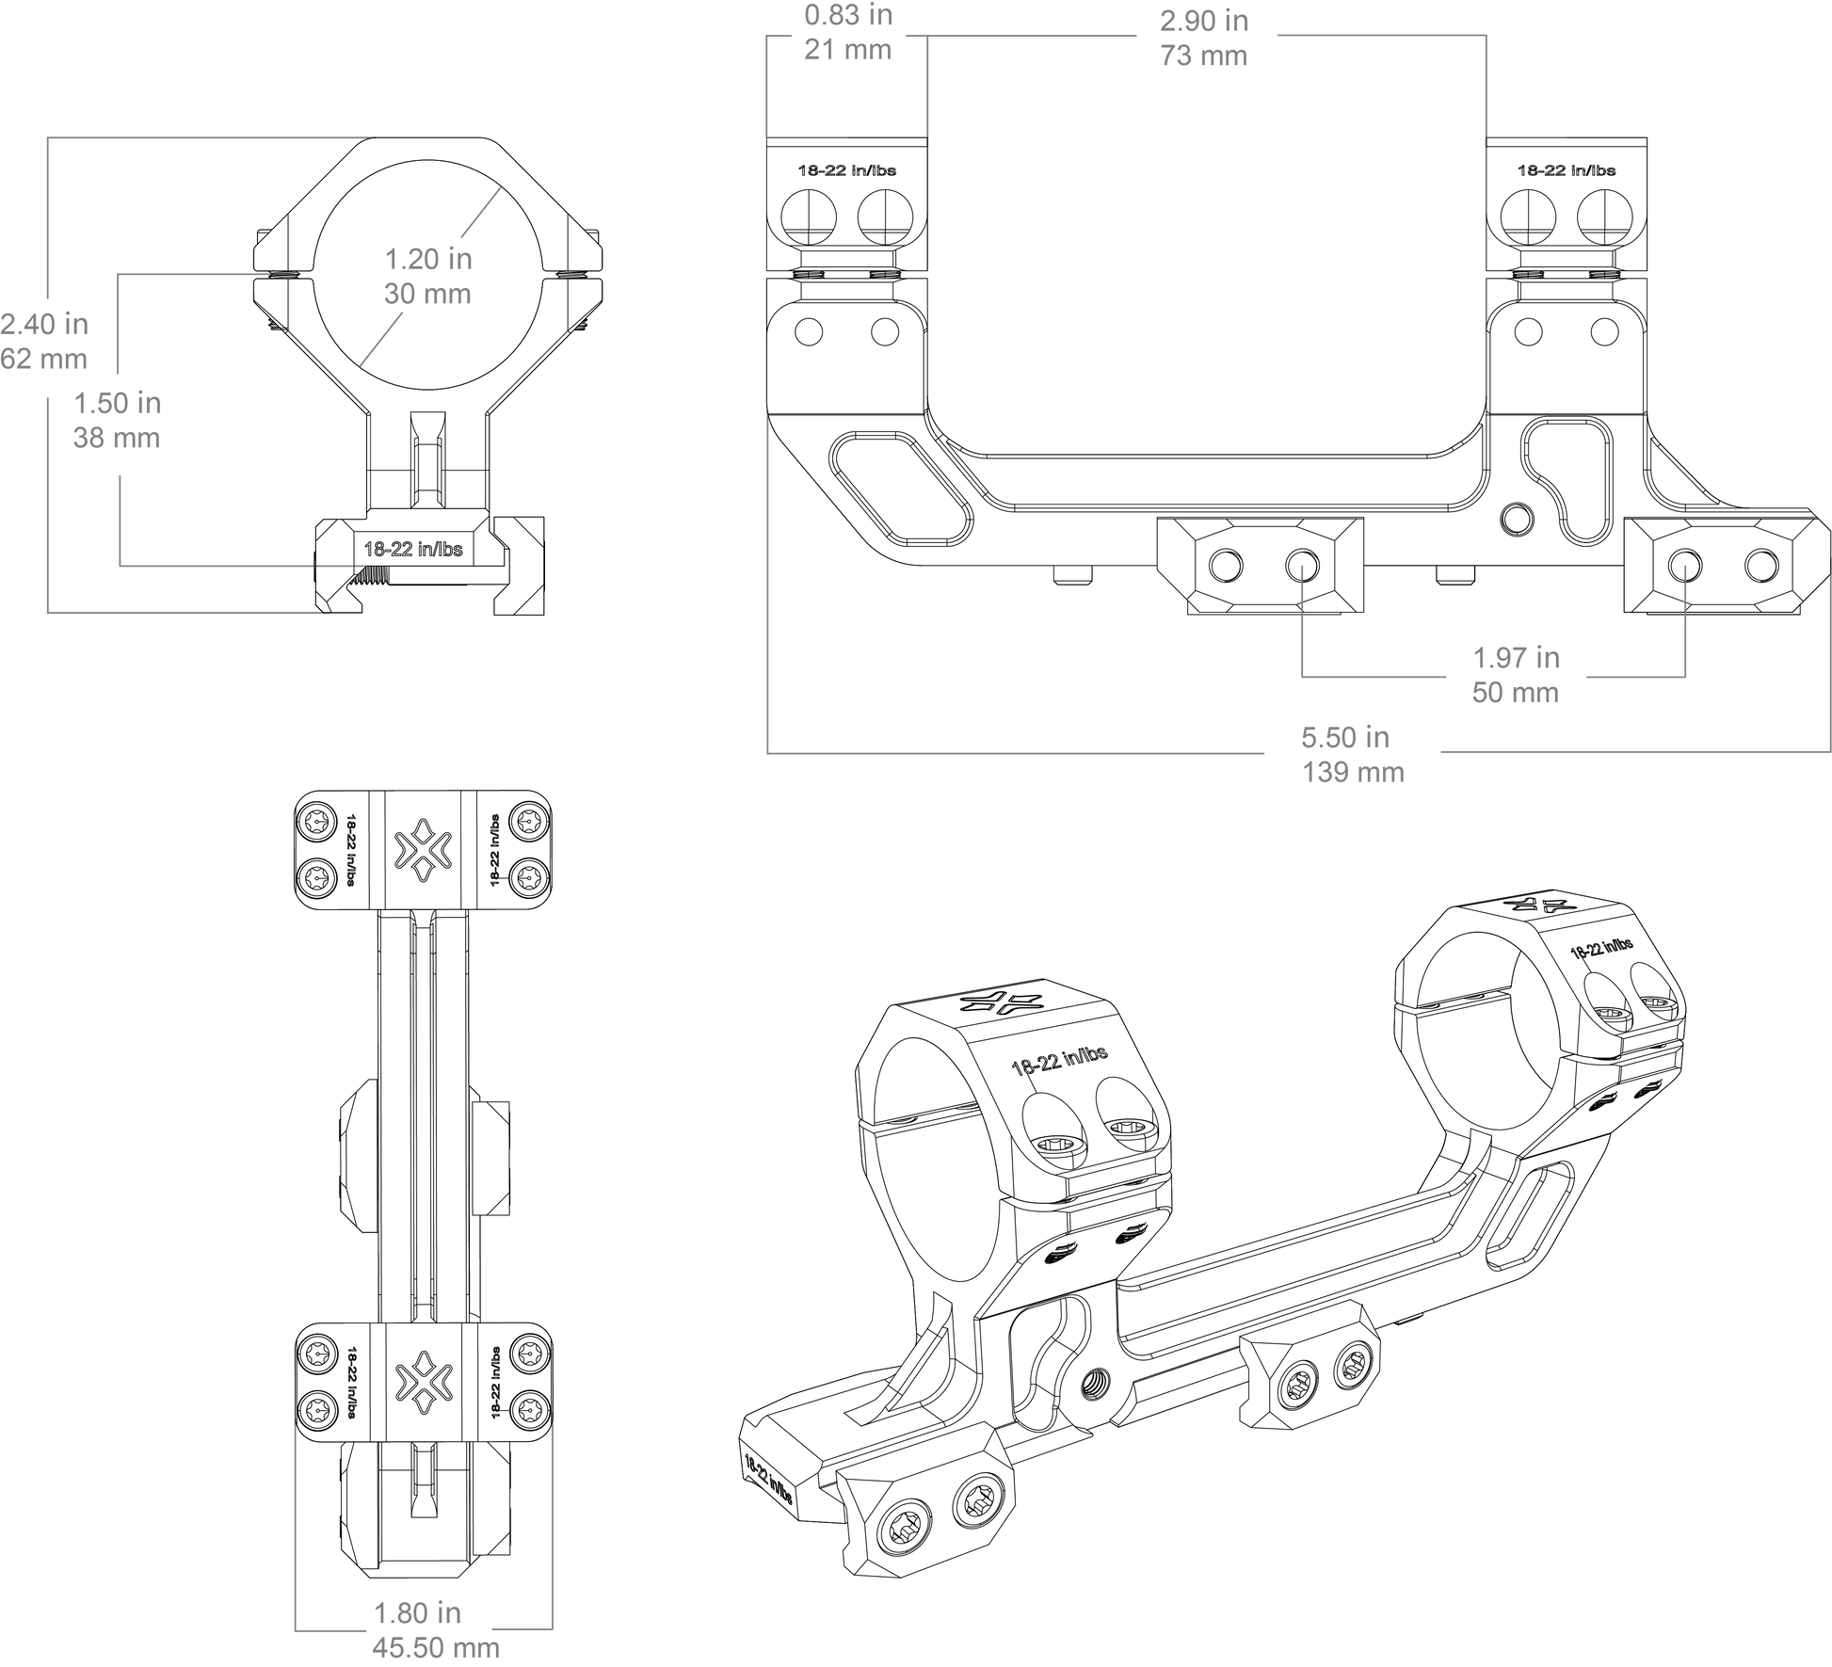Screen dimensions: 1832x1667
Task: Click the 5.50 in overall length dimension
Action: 1344,737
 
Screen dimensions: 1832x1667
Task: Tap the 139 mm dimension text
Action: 1353,773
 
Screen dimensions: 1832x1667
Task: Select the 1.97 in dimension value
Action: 1516,658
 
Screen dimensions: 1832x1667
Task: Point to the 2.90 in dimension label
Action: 1204,21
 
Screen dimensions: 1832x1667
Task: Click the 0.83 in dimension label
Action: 848,15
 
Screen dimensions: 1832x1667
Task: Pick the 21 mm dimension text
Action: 847,50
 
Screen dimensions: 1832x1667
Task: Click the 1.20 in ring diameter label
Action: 428,259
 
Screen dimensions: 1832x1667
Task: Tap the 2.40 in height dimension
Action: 44,325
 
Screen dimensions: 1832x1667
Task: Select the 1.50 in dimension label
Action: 118,404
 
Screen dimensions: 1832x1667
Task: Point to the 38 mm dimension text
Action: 117,439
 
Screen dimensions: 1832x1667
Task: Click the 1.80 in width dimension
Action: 417,1613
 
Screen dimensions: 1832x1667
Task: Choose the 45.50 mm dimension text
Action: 436,1648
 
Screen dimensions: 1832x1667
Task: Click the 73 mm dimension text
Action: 1204,56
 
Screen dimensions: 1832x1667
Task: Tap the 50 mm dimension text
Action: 1516,693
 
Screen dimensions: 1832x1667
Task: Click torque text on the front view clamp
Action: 413,549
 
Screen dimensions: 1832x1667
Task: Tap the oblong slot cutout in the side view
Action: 901,489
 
